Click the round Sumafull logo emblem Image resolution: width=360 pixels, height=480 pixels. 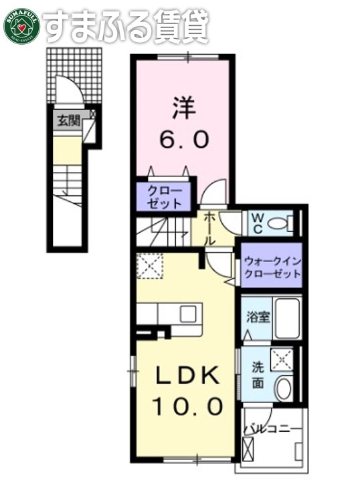click(22, 25)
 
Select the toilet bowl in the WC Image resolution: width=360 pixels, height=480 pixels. click(284, 223)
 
